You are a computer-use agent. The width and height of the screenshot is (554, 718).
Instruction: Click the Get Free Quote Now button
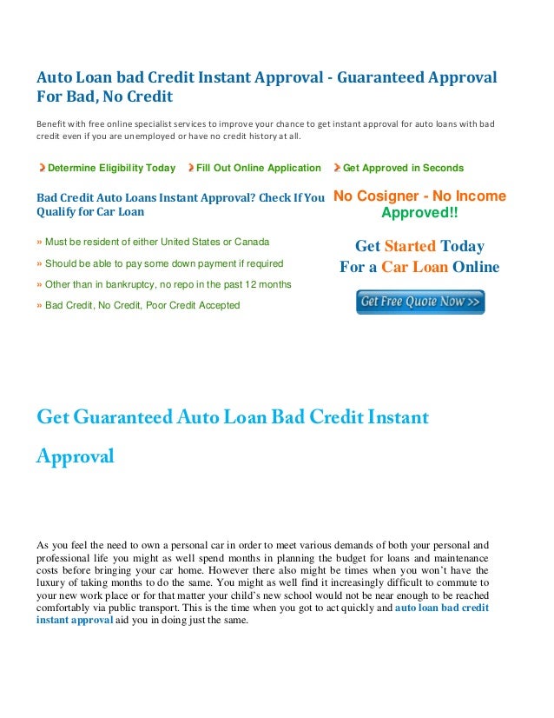[x=420, y=302]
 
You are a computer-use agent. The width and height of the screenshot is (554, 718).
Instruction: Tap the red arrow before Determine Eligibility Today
[x=42, y=168]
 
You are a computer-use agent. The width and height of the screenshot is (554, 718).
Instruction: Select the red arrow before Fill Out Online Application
[x=191, y=168]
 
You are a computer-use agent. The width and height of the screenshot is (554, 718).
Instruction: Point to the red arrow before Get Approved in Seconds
[x=338, y=168]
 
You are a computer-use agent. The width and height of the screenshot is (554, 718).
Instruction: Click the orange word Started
[x=410, y=247]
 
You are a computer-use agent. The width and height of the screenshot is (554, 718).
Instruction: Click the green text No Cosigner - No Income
[x=419, y=196]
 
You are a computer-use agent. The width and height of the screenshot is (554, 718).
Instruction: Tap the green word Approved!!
[x=419, y=213]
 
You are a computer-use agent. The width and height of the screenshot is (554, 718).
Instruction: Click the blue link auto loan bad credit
[x=441, y=608]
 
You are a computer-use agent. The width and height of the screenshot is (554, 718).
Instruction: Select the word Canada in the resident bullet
[x=252, y=241]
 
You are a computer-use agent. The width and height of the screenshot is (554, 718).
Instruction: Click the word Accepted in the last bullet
[x=214, y=306]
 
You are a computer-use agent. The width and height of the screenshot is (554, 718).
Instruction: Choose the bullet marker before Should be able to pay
[x=39, y=263]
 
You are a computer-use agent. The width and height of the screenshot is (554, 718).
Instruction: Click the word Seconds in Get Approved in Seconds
[x=444, y=168]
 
